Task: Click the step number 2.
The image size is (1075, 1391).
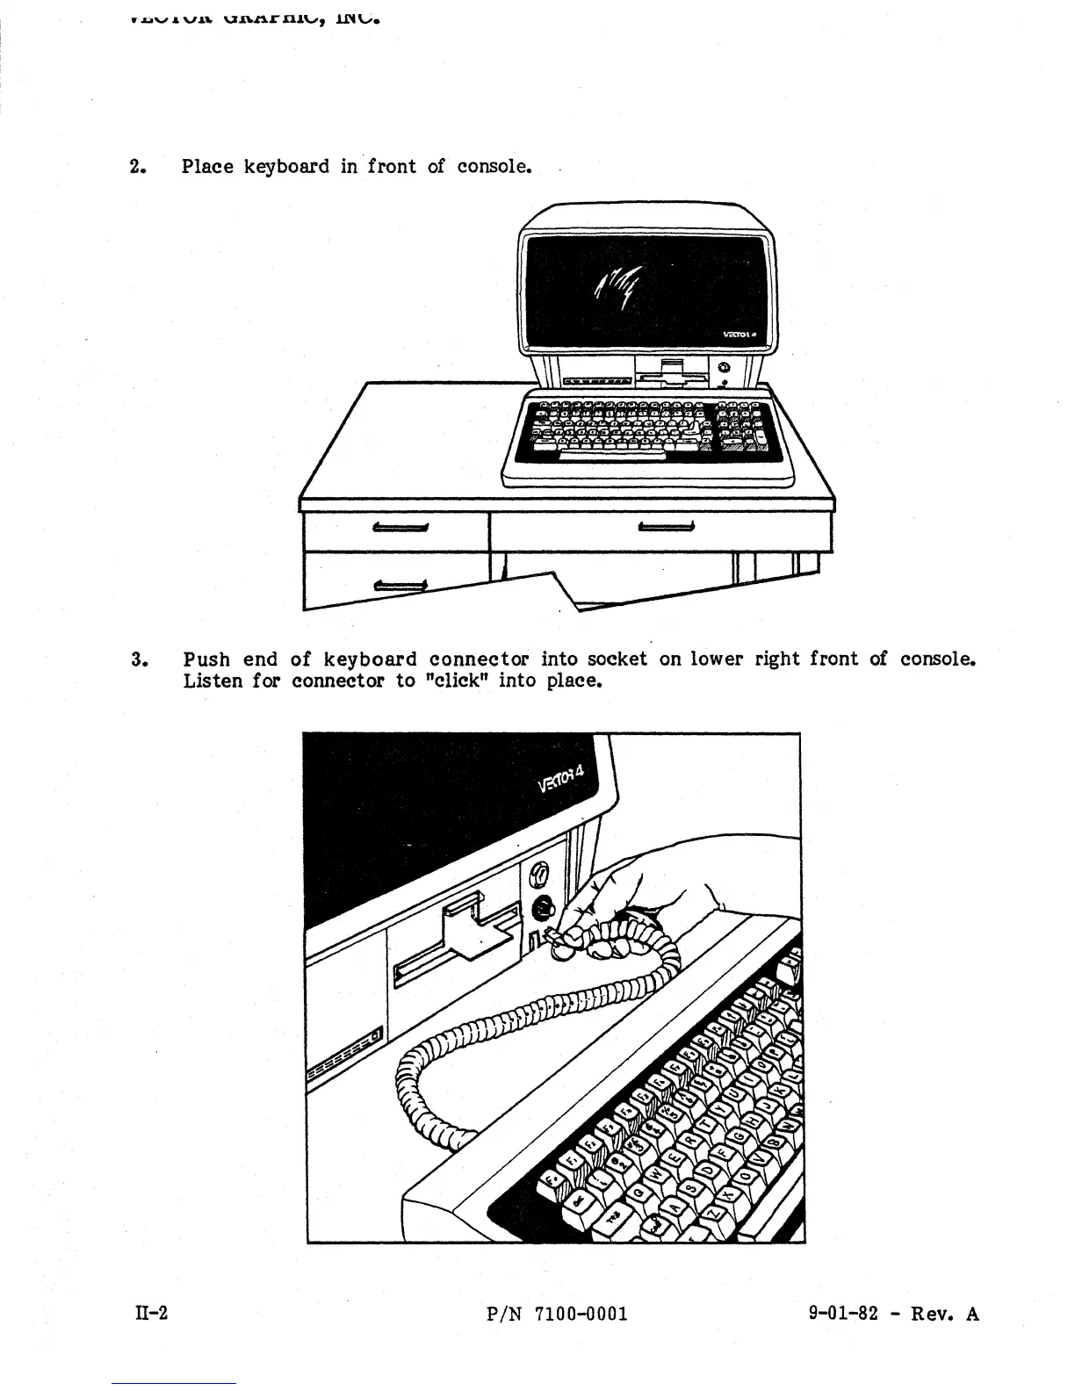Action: (136, 167)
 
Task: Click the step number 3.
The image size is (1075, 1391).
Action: (137, 659)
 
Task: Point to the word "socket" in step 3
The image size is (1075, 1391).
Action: (617, 659)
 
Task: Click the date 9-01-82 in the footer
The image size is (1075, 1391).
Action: (843, 1314)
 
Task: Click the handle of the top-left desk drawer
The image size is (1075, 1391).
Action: (400, 528)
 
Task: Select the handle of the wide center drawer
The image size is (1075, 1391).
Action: (666, 527)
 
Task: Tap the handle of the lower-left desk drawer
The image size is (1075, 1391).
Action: (400, 586)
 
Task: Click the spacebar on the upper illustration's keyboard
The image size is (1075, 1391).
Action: (612, 455)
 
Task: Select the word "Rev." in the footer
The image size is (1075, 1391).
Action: (933, 1314)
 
